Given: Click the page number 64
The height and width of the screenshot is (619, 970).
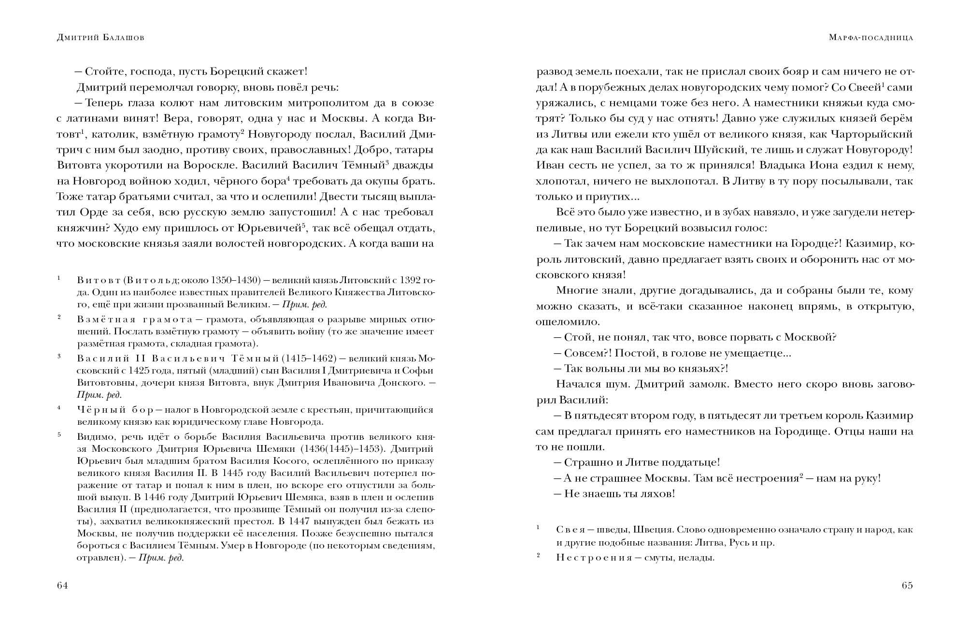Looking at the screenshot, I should pyautogui.click(x=62, y=586).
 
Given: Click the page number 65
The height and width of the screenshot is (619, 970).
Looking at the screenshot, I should pyautogui.click(x=907, y=586).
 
